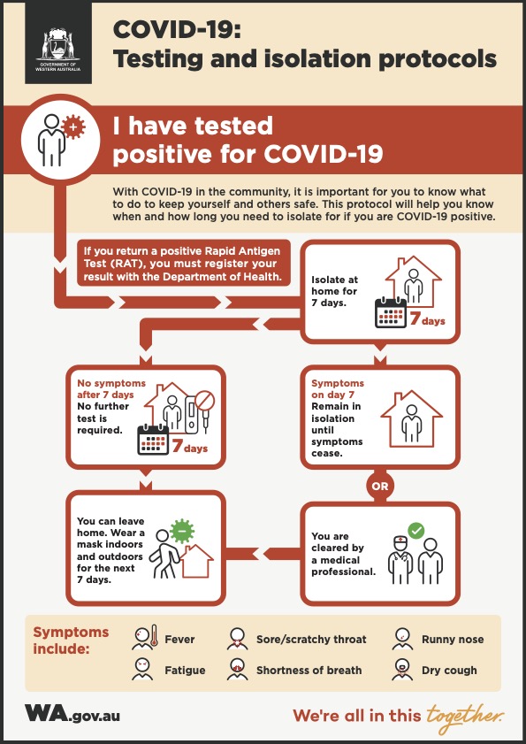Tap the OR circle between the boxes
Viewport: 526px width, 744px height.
pos(379,487)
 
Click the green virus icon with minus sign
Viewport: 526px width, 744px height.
pos(183,531)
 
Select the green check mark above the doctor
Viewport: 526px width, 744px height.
pos(415,531)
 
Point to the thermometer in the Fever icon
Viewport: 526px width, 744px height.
pos(153,637)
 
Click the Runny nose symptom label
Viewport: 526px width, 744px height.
pos(453,639)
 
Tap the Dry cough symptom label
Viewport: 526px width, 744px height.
pos(449,671)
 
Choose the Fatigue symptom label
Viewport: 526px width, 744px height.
pos(185,671)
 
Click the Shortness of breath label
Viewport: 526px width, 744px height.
pos(309,671)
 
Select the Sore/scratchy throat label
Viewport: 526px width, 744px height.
pos(311,639)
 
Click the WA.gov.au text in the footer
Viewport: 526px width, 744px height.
pos(72,714)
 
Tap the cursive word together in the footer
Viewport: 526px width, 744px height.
pos(464,715)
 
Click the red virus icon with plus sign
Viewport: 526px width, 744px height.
pos(73,127)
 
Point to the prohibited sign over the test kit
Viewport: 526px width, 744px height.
pos(205,401)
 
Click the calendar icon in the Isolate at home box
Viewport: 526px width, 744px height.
pos(391,312)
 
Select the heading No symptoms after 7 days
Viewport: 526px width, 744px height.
pos(111,388)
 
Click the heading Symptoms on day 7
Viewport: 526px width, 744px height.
pos(337,388)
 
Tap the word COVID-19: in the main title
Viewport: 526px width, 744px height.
pos(177,31)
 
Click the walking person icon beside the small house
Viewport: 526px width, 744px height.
pos(164,553)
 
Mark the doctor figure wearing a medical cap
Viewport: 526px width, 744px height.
pos(400,560)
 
